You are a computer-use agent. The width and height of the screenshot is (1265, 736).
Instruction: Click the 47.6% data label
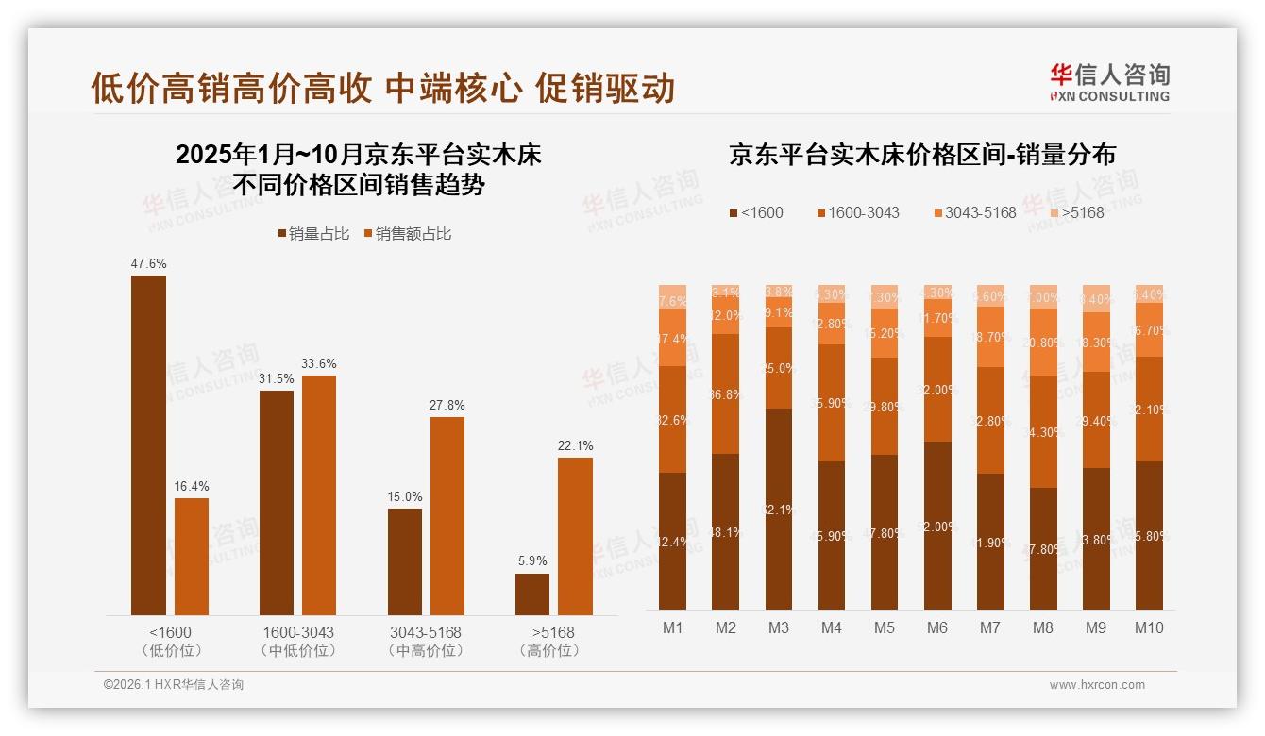pyautogui.click(x=148, y=263)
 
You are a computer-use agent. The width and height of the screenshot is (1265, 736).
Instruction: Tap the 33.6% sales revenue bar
pyautogui.click(x=319, y=495)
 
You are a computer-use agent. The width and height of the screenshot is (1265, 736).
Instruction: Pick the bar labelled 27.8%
pyautogui.click(x=447, y=516)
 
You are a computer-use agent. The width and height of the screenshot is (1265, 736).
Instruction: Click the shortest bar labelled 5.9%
pyautogui.click(x=532, y=594)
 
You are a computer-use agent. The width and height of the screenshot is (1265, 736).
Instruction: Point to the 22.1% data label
pyautogui.click(x=575, y=445)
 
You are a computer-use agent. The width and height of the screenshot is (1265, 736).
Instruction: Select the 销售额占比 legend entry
pyautogui.click(x=407, y=233)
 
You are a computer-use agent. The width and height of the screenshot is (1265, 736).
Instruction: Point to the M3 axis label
pyautogui.click(x=779, y=627)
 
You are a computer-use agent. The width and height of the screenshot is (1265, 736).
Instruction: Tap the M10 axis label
pyautogui.click(x=1149, y=627)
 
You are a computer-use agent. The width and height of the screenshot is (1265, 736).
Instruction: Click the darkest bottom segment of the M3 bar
pyautogui.click(x=779, y=509)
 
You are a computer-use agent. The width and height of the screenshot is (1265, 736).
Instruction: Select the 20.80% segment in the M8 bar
pyautogui.click(x=1044, y=342)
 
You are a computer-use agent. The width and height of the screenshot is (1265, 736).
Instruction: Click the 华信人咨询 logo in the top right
pyautogui.click(x=1109, y=82)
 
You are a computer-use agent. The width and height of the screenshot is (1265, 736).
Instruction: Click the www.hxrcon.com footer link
pyautogui.click(x=1097, y=685)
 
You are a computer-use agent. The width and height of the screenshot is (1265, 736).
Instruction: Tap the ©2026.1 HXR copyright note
pyautogui.click(x=173, y=685)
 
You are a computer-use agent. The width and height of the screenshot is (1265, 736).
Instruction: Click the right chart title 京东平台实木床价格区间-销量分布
pyautogui.click(x=921, y=155)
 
